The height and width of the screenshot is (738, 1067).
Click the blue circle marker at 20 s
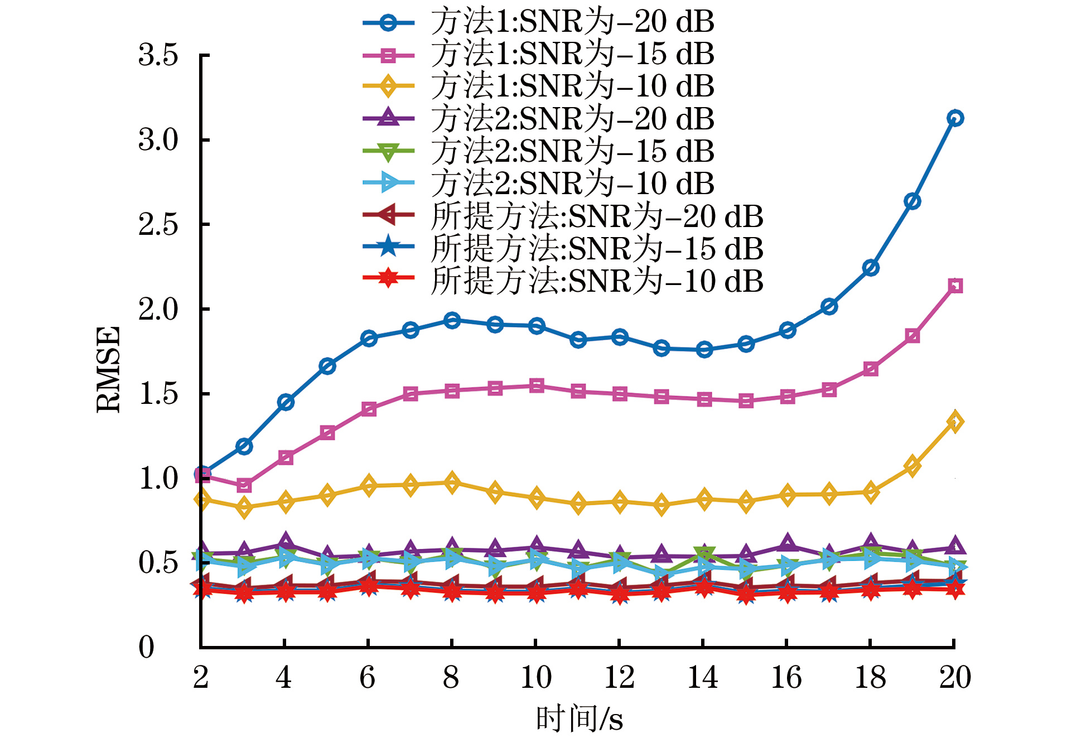(x=955, y=118)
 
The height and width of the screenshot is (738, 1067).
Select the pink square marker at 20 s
(x=955, y=286)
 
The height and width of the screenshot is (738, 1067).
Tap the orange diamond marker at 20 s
(x=955, y=422)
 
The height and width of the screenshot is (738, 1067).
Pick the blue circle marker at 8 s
(x=452, y=320)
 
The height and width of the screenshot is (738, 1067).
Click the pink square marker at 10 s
(x=537, y=385)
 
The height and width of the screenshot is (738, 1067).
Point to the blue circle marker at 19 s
(x=912, y=201)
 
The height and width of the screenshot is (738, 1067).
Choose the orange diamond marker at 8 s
(x=452, y=483)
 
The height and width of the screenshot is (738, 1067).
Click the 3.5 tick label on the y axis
(x=158, y=55)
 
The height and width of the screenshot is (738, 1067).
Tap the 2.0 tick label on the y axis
(x=158, y=309)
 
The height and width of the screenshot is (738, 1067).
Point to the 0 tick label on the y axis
(x=146, y=647)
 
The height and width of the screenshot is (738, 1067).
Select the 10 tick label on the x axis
(x=535, y=677)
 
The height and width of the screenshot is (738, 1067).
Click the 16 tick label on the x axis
(x=786, y=677)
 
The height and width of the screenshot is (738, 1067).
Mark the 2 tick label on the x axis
(x=201, y=677)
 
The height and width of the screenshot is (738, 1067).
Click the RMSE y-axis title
(x=108, y=369)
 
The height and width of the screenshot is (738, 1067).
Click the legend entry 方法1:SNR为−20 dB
(x=572, y=22)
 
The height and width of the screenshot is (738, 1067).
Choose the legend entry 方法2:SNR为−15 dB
(x=572, y=151)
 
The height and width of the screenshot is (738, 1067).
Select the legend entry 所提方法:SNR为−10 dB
(x=597, y=281)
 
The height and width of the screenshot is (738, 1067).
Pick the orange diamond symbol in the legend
(x=388, y=86)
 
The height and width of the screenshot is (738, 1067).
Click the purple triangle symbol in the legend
(x=388, y=118)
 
